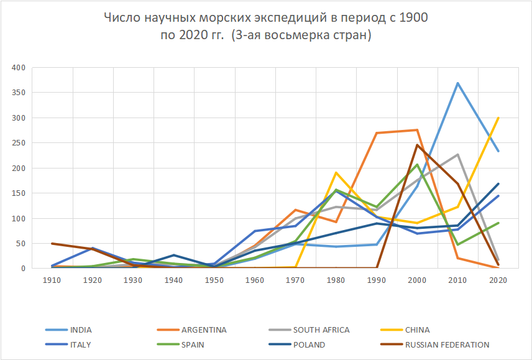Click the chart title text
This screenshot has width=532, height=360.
[x=265, y=27]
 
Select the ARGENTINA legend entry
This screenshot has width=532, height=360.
[x=204, y=330]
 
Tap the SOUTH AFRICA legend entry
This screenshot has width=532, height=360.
[x=321, y=330]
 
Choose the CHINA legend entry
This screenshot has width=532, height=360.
[x=417, y=330]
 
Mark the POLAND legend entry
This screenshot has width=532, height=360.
[x=309, y=344]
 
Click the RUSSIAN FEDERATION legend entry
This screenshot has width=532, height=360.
[x=447, y=344]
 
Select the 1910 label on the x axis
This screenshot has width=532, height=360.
[x=52, y=280]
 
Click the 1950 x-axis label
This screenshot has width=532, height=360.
[x=214, y=280]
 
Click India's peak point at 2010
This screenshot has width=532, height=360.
[x=458, y=83]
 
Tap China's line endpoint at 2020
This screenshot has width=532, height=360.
[x=498, y=118]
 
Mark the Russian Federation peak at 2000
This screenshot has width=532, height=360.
[x=417, y=145]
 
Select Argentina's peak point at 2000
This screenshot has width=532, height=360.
[x=417, y=130]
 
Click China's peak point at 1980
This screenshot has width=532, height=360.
[x=336, y=172]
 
